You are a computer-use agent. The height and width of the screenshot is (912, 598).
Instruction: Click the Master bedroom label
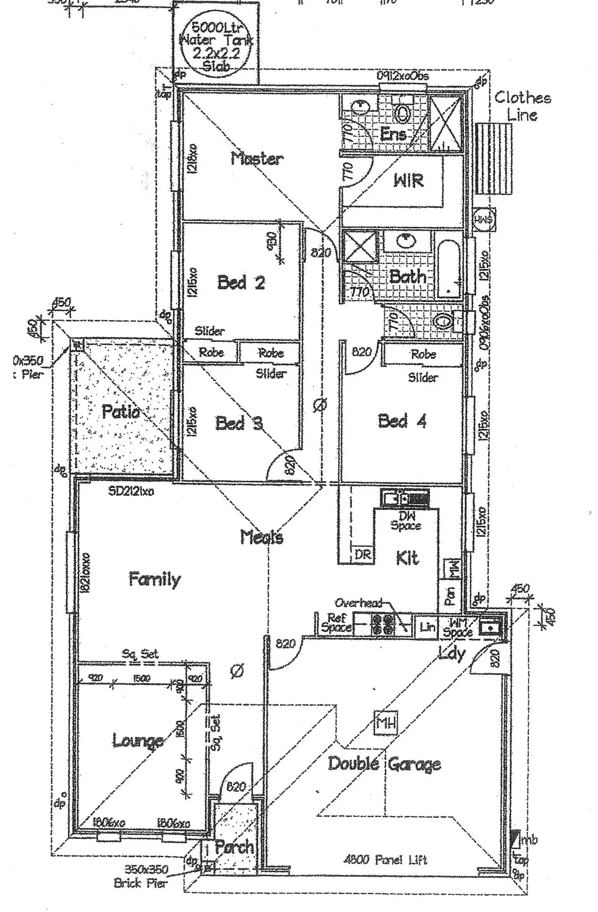coord(257,159)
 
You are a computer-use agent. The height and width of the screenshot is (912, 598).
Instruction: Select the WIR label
coord(408,181)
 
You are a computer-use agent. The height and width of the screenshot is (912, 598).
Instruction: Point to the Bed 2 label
coord(241,283)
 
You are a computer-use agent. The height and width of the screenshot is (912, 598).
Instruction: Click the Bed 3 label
coord(239,423)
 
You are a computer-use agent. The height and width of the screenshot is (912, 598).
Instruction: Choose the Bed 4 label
coord(402,420)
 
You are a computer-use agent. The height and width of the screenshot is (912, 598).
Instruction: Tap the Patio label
coord(120,412)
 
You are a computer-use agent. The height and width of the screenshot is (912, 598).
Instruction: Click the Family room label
coord(155,579)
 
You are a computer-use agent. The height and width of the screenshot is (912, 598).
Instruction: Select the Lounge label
coord(138,741)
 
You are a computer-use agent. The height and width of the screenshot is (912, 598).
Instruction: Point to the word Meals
coord(262,537)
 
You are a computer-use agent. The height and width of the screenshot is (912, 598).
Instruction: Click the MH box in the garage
coord(386,723)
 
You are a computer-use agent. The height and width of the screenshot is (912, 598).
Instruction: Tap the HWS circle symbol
coord(483,219)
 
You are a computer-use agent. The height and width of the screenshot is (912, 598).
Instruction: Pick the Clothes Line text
coord(522,106)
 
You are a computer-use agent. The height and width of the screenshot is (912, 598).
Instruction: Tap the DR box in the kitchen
coord(363,554)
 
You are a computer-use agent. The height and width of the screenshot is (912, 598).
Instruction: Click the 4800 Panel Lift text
coord(385,860)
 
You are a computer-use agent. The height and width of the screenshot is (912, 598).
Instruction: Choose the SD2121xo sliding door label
coord(131,491)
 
